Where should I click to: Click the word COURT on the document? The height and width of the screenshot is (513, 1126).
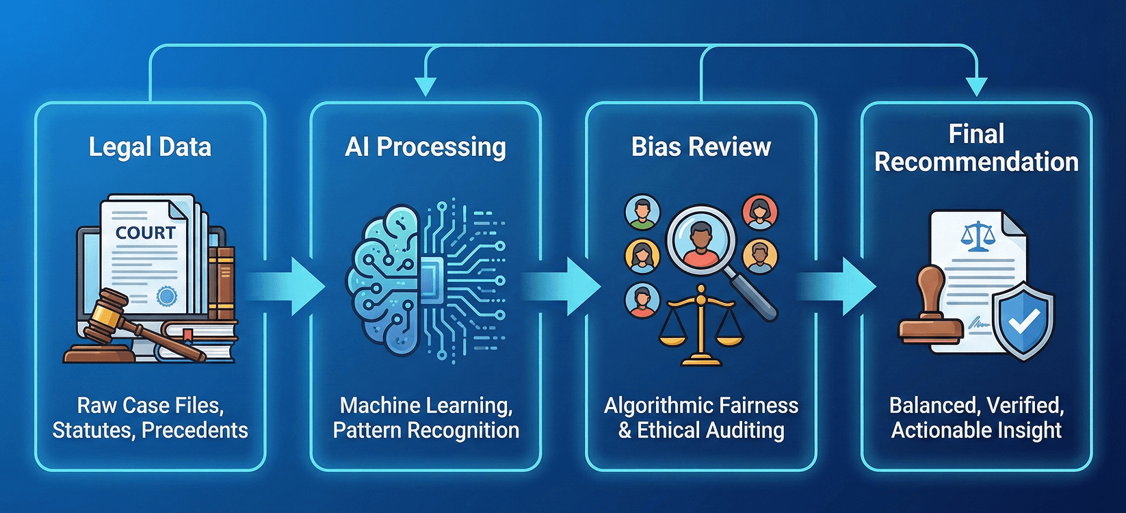pos(145,233)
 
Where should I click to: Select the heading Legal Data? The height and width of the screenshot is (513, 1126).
pos(150,147)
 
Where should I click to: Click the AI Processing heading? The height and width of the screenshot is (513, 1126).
pos(425,147)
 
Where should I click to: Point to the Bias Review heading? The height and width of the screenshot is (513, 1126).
pos(701,147)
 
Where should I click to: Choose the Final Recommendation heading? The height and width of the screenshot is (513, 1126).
pos(976,148)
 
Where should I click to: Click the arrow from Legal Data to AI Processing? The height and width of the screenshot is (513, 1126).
pos(287,287)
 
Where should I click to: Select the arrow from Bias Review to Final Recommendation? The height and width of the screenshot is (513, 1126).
pos(839,287)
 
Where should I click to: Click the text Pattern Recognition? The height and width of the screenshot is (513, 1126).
pos(425,430)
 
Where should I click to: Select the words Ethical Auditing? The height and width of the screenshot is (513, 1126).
pos(711,430)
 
